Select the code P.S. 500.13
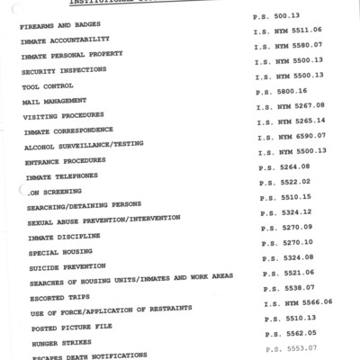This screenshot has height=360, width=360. tap(281, 16)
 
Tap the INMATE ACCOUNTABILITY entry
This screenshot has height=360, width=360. tap(66, 40)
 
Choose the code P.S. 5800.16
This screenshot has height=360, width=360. tap(282, 92)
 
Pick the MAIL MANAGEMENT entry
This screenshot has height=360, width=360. tap(54, 102)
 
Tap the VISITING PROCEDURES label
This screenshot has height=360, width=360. tap(63, 117)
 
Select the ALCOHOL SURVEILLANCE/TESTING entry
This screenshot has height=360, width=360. tap(82, 146)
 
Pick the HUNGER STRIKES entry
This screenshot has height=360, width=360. tap(62, 344)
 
